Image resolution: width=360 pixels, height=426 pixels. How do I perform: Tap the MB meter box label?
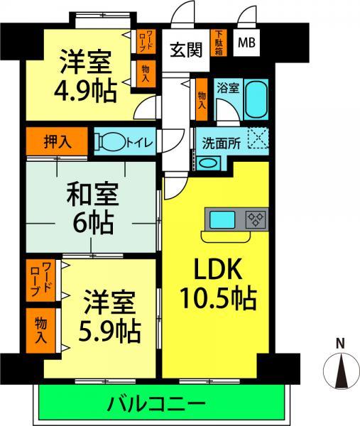tap(246, 43)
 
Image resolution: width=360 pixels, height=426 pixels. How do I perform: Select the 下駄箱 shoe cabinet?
tap(219, 42)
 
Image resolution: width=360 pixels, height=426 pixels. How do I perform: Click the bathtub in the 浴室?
tap(255, 103)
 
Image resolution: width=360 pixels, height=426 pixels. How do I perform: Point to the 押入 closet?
tap(57, 141)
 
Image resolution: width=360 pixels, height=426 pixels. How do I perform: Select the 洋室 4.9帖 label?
tap(84, 77)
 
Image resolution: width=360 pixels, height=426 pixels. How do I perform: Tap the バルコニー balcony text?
tap(163, 405)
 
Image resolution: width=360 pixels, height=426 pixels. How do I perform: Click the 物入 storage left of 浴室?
tap(202, 95)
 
